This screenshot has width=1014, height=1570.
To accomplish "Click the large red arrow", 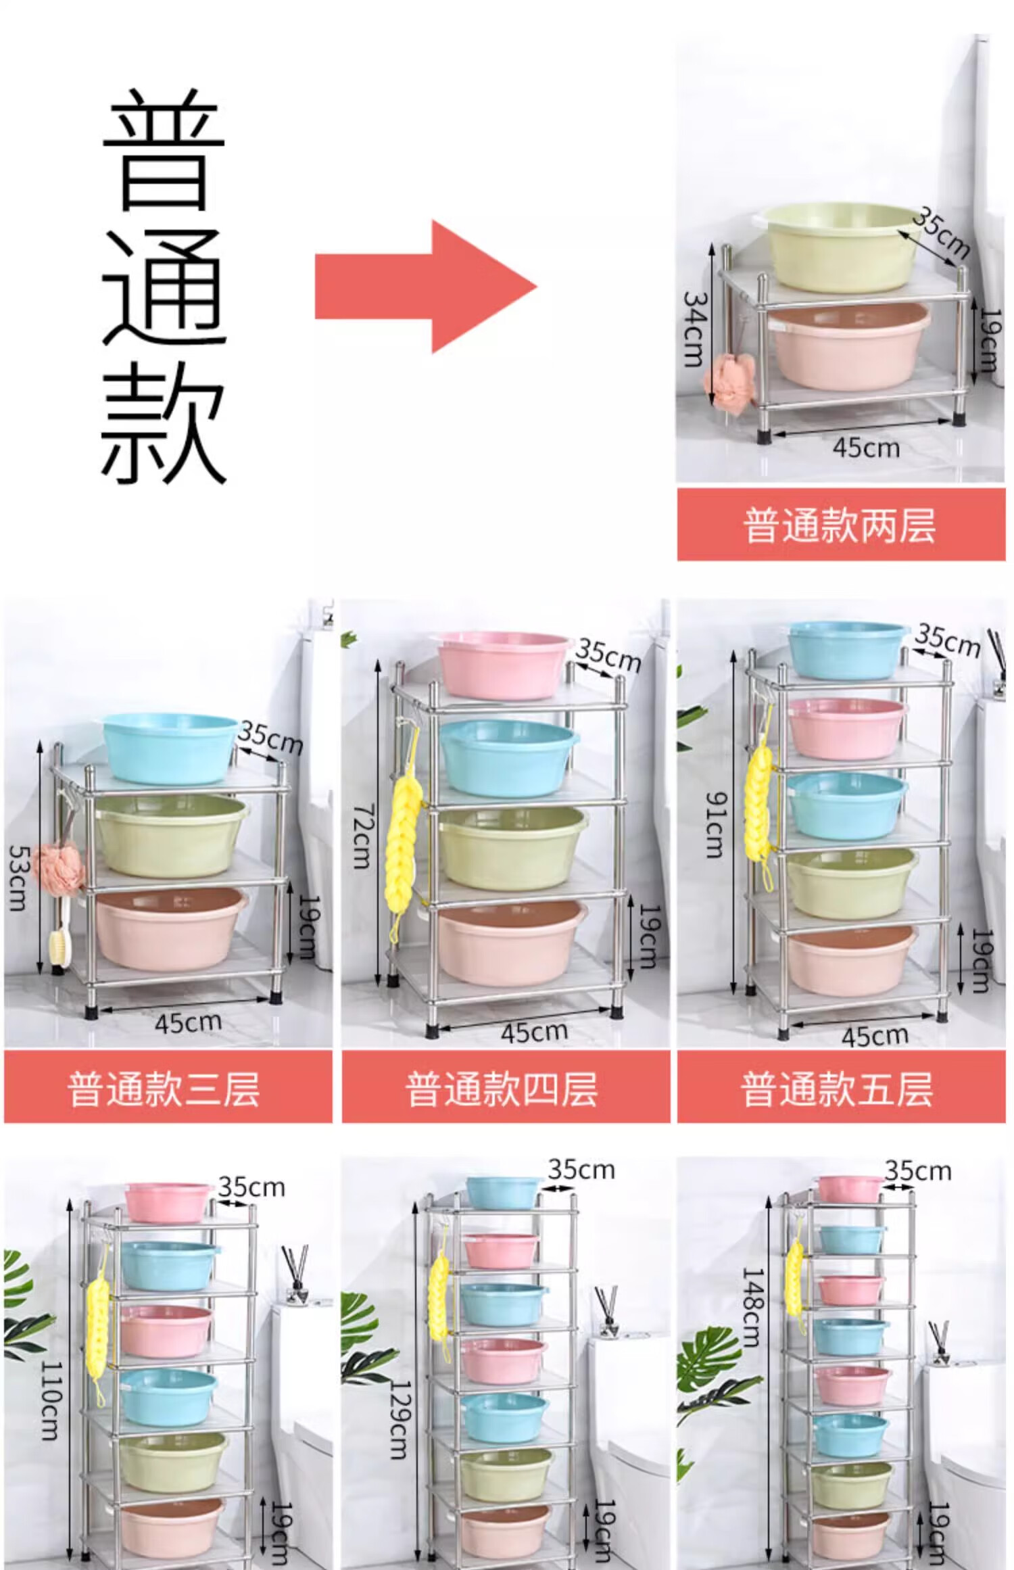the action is pos(426,286).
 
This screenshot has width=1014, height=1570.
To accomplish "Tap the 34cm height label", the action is pos(695,329).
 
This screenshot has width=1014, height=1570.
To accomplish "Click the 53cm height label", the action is pos(18,878).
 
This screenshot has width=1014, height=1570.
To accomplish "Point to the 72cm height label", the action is pos(363,836).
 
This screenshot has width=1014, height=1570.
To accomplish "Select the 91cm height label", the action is pos(715,826).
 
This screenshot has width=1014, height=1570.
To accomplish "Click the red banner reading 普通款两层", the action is pos(841,525).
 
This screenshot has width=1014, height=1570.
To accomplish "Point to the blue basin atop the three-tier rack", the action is pos(171,748).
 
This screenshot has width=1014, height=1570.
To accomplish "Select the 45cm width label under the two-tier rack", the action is pos(866,448).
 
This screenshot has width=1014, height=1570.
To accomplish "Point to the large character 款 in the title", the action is pos(164,422).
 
